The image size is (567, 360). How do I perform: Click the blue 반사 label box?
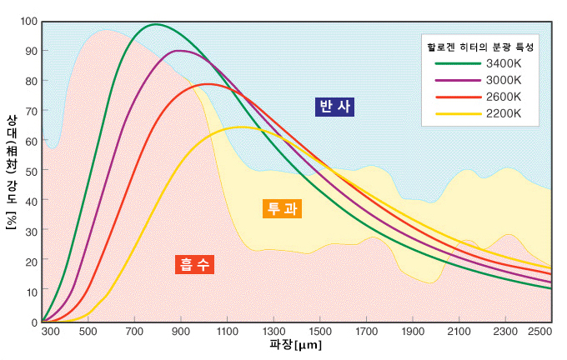click(335, 107)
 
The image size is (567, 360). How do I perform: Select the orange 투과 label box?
click(282, 209)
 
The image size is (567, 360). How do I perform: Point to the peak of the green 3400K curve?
click(156, 24)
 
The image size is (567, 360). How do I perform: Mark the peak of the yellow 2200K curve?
click(241, 127)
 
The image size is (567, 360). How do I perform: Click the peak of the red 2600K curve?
click(207, 84)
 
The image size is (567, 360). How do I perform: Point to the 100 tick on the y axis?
click(29, 21)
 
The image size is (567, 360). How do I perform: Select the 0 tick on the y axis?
click(34, 322)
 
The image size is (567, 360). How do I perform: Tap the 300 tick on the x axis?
click(51, 332)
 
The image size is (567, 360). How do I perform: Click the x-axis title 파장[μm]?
click(295, 345)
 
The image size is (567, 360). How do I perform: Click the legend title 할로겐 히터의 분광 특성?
click(478, 47)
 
